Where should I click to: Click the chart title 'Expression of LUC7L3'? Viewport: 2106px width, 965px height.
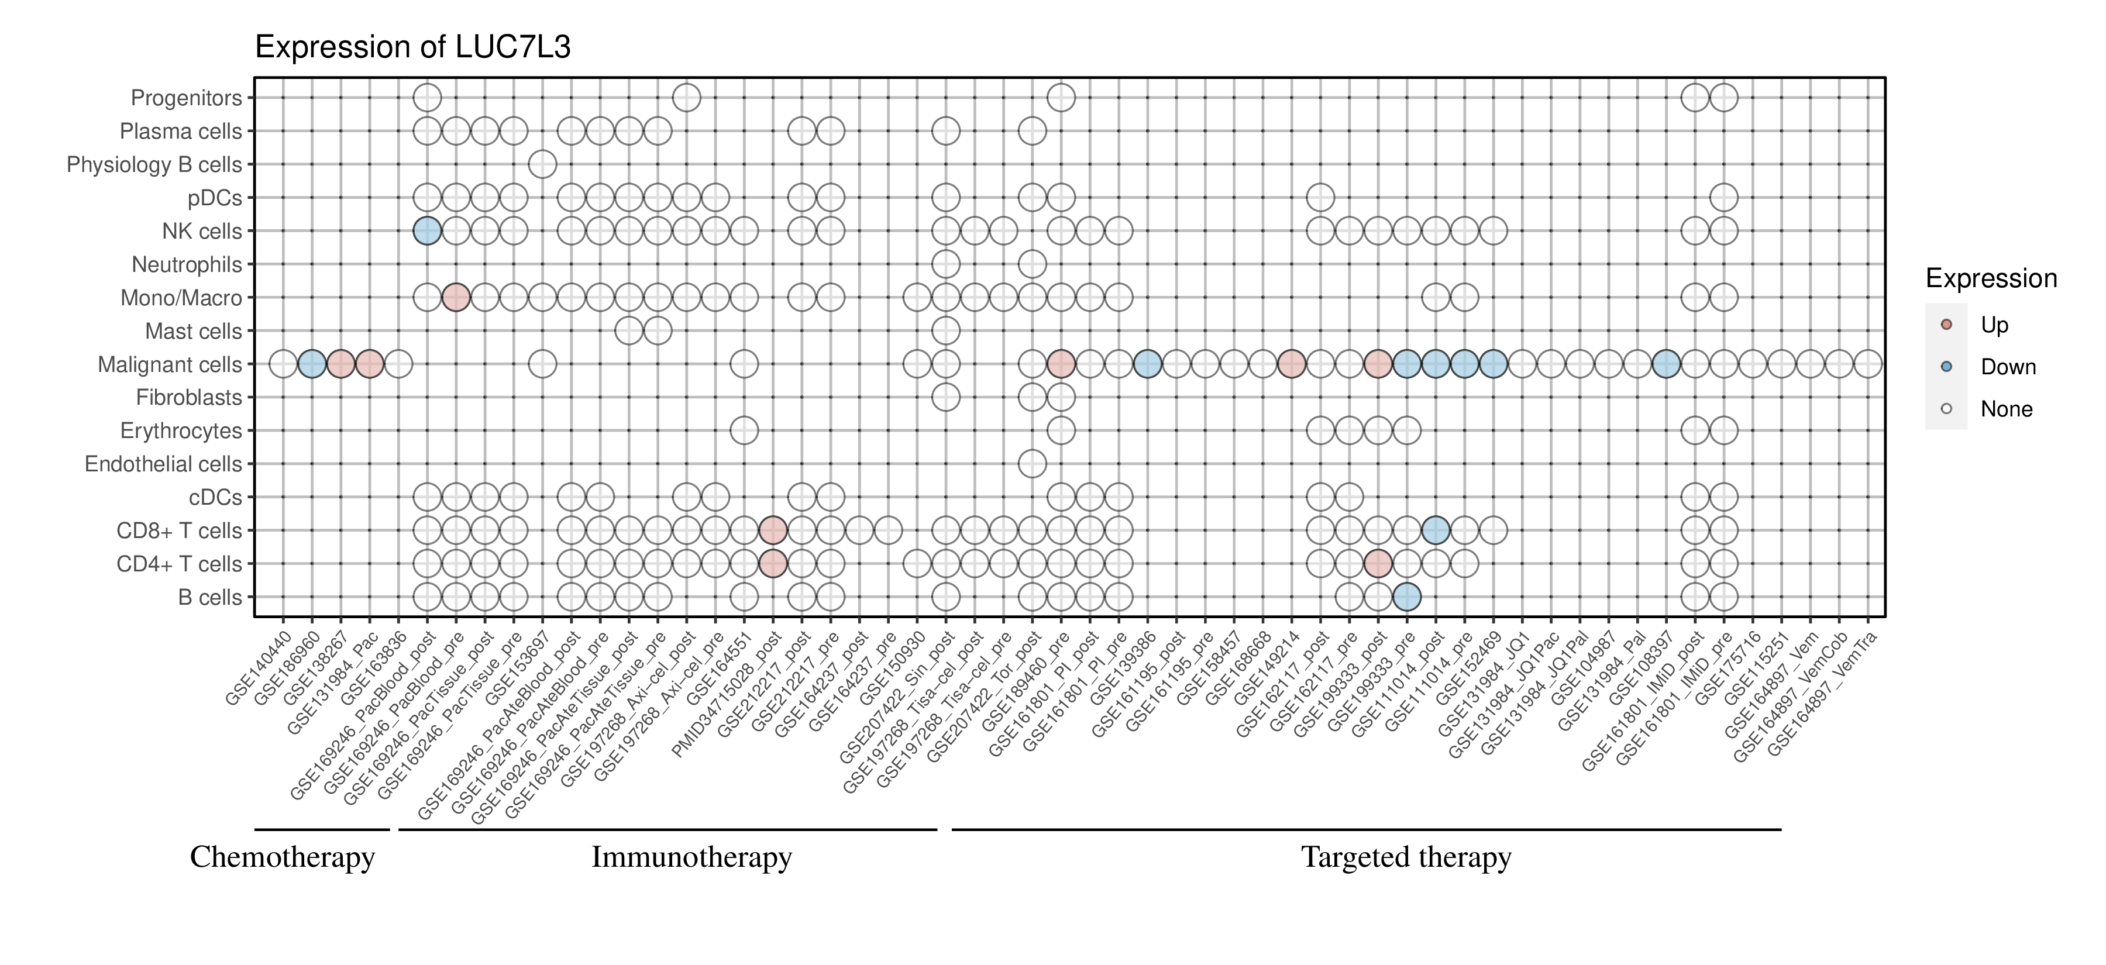pos(413,47)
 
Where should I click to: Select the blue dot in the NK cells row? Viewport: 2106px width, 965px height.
pos(427,231)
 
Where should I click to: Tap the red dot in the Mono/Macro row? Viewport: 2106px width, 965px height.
pos(455,298)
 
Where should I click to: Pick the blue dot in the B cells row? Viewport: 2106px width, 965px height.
pos(1406,597)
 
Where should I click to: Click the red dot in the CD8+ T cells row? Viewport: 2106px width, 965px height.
pos(773,530)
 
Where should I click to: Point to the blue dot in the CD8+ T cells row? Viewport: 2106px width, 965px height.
pos(1436,530)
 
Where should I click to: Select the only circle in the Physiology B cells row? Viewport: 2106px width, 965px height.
pos(542,164)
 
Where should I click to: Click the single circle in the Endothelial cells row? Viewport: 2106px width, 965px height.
pos(1032,464)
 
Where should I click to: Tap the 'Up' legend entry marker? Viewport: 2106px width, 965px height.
pos(1946,325)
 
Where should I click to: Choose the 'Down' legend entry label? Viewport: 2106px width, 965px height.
pos(2008,367)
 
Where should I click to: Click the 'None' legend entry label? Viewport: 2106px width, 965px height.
pos(2007,409)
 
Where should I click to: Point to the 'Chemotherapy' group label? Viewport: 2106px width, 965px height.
pos(282,857)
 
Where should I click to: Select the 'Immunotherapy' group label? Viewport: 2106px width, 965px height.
pos(691,857)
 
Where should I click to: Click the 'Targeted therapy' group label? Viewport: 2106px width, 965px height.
pos(1406,857)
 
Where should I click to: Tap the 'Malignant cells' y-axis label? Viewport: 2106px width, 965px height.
pos(170,364)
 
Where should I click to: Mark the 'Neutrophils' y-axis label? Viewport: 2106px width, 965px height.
pos(187,265)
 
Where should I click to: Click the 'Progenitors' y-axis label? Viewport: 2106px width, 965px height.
pos(187,98)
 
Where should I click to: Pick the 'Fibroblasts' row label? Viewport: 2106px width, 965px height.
pos(189,398)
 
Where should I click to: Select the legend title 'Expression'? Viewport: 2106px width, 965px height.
pos(1991,278)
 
